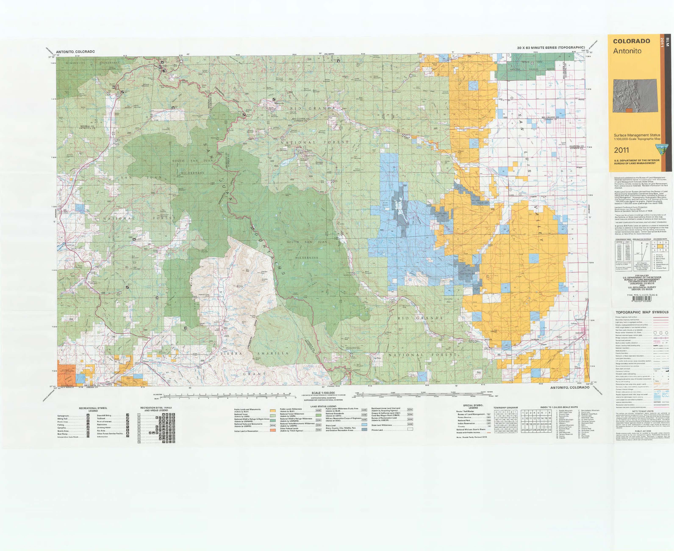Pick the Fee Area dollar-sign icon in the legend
pos(128,430)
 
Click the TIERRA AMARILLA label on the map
pos(255,353)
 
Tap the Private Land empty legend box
pos(410,430)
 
